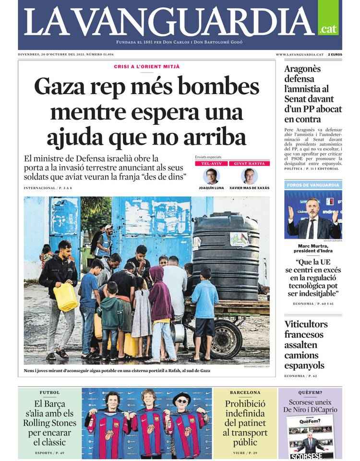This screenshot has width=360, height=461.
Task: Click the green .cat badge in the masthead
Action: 328,28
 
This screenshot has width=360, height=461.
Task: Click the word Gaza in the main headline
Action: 61,88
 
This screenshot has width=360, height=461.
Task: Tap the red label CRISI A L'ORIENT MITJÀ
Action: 146,66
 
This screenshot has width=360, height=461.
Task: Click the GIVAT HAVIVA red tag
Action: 249,164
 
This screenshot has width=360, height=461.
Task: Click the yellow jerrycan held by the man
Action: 66,296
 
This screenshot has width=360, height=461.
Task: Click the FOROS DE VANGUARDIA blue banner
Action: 313,185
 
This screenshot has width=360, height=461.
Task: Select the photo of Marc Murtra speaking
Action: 313,214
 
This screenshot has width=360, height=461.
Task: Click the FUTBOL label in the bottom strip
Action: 49,392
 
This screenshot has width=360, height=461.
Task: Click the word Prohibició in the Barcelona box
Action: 245,404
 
